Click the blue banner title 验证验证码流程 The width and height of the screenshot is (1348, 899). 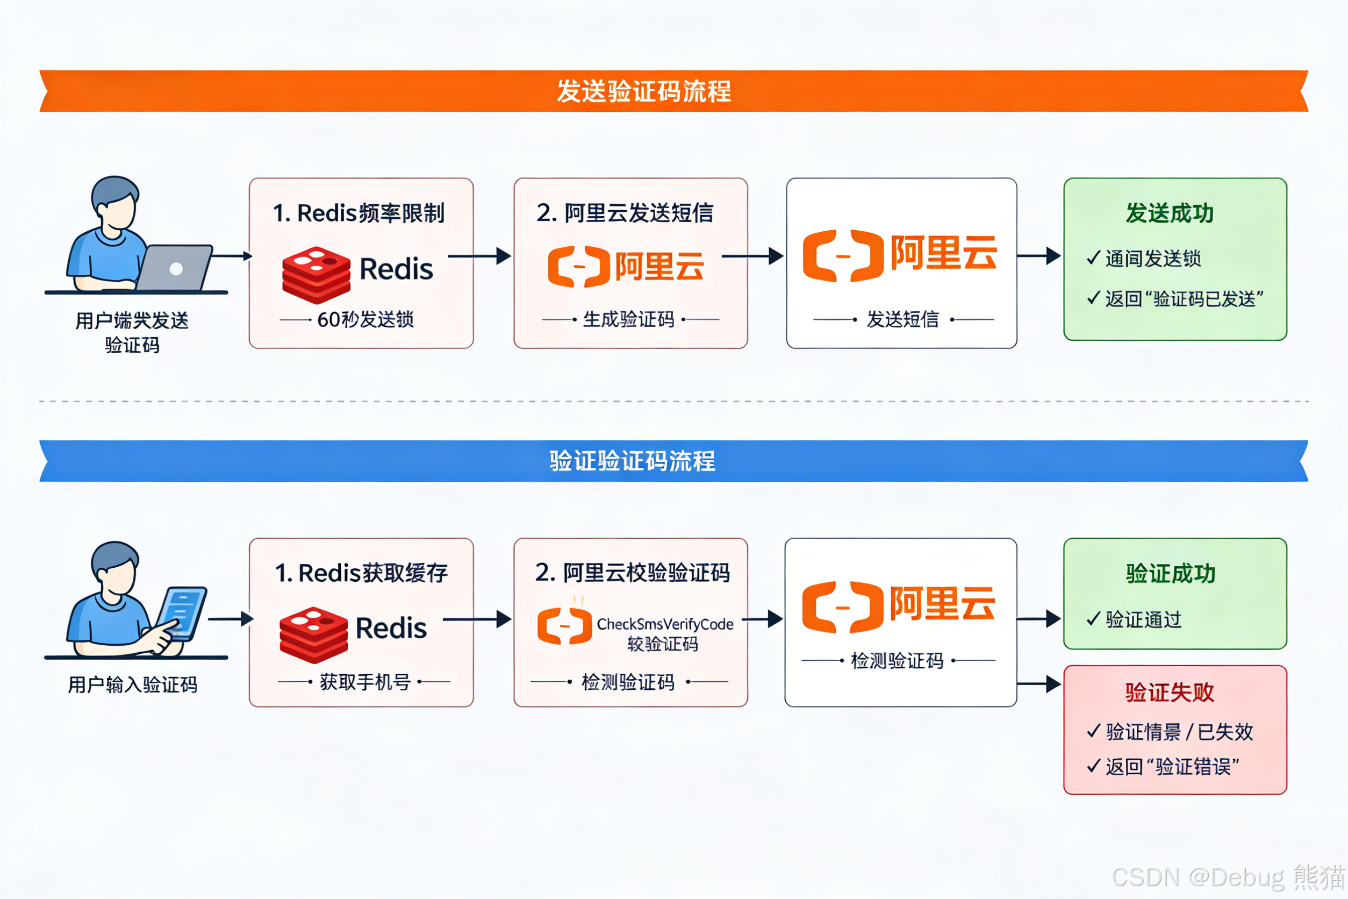pos(632,461)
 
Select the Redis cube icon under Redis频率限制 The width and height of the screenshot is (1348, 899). pos(316,275)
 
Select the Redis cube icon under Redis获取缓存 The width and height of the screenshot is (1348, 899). pos(313,634)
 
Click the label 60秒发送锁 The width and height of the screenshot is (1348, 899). pos(365,319)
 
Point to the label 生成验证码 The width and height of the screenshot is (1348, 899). pos(628,319)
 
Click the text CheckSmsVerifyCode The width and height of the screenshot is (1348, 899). pos(665,624)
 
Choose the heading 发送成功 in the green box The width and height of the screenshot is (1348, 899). pos(1169,213)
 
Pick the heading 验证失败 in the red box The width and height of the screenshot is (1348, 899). pos(1169,692)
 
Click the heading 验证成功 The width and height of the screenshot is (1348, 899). pos(1170,573)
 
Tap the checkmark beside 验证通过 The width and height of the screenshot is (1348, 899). pos(1094,619)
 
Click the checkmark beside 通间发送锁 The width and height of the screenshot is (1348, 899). pos(1094,258)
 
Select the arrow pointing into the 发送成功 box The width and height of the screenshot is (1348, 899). pos(1039,256)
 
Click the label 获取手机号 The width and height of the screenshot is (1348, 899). pos(365,682)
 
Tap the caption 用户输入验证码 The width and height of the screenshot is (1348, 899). pos(132,684)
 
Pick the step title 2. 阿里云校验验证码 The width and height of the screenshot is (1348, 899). pos(632,573)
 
